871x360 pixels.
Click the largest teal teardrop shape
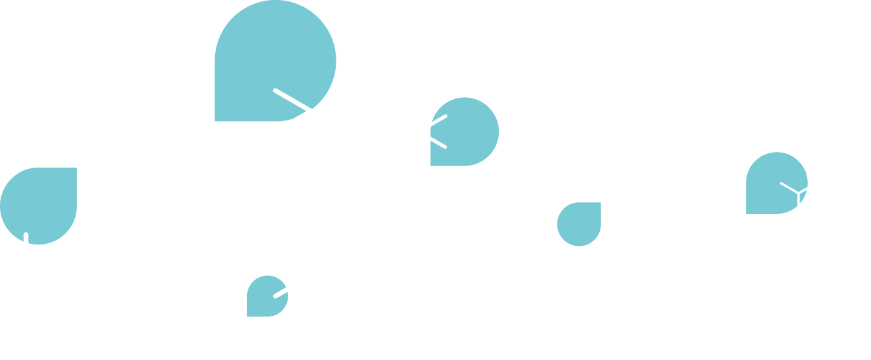[274, 61]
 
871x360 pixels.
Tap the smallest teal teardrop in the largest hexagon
[267, 297]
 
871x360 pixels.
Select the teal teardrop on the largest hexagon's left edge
[39, 205]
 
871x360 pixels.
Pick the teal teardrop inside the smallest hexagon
[776, 183]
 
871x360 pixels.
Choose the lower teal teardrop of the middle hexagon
[579, 224]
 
